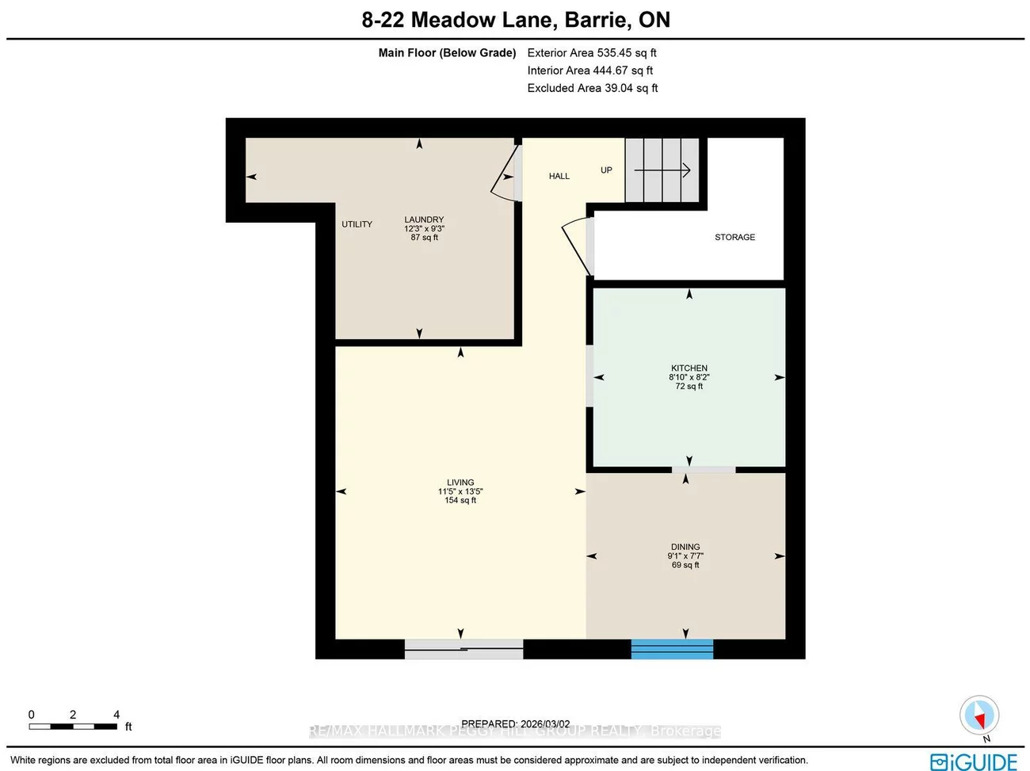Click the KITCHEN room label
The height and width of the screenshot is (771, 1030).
(x=689, y=368)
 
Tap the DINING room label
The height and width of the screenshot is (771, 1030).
(x=685, y=547)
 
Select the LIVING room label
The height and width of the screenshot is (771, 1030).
(x=460, y=482)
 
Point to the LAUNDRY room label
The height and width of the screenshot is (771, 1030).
(x=424, y=219)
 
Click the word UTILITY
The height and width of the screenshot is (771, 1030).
(x=357, y=224)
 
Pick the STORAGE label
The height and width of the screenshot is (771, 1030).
(x=734, y=237)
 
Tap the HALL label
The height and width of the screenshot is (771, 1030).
(x=559, y=176)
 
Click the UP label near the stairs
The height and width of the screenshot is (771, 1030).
(x=606, y=170)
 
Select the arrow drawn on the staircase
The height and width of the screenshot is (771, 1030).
(x=662, y=170)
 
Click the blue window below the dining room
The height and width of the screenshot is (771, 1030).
(x=672, y=649)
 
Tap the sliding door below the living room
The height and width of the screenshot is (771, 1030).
(x=463, y=649)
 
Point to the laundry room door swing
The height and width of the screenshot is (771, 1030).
(x=505, y=175)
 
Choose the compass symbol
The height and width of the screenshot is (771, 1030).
(x=978, y=716)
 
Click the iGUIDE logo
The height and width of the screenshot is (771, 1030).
(x=973, y=761)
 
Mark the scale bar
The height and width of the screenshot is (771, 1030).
(x=73, y=725)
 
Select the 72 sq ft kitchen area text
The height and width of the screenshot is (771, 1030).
(x=689, y=387)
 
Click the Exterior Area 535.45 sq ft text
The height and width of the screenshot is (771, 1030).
(x=592, y=53)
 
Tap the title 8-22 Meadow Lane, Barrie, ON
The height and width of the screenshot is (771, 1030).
(x=516, y=20)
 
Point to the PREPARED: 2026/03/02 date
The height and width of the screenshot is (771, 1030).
(x=515, y=723)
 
